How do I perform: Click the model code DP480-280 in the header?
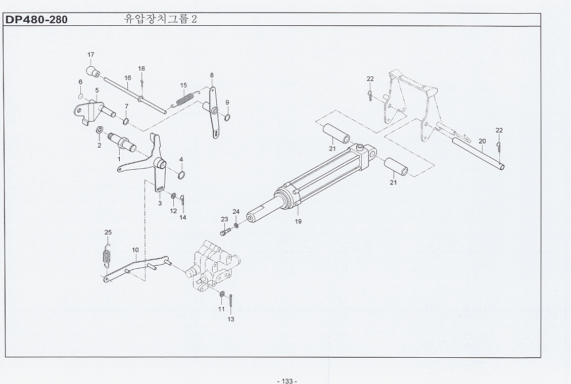tap(36, 20)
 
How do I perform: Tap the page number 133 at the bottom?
tap(287, 380)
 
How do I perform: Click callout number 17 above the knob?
tap(91, 55)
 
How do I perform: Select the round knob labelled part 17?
tap(92, 71)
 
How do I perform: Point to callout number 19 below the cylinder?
tap(298, 221)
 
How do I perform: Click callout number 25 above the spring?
tap(108, 232)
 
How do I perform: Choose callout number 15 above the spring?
tap(183, 85)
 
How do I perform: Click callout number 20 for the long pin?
tap(482, 141)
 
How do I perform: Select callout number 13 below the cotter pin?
tap(231, 319)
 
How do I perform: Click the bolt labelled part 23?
tap(225, 232)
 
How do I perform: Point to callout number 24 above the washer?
tap(236, 211)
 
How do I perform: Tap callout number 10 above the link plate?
tap(135, 250)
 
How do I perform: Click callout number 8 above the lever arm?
tap(212, 75)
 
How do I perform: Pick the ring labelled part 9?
tap(227, 118)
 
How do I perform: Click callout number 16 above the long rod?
tap(128, 78)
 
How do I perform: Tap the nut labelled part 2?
tap(100, 132)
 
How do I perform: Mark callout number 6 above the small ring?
tap(80, 82)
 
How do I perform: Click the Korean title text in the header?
tap(160, 20)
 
